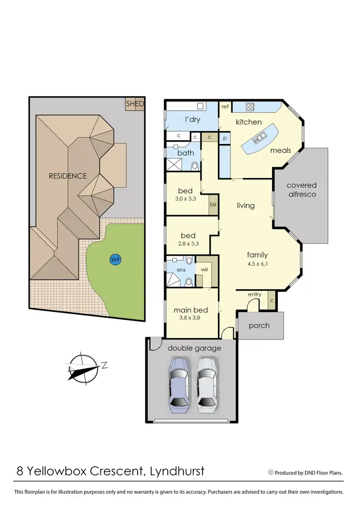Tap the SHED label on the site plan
(135, 104)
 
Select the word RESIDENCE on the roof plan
(68, 176)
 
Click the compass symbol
(84, 368)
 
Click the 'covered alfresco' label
(301, 190)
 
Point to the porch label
(259, 326)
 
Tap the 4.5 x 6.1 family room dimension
(257, 264)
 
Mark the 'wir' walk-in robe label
(204, 269)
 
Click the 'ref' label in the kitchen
(225, 107)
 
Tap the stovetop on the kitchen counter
(250, 107)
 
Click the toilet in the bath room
(195, 166)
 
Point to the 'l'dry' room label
(192, 120)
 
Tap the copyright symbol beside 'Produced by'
(270, 473)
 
